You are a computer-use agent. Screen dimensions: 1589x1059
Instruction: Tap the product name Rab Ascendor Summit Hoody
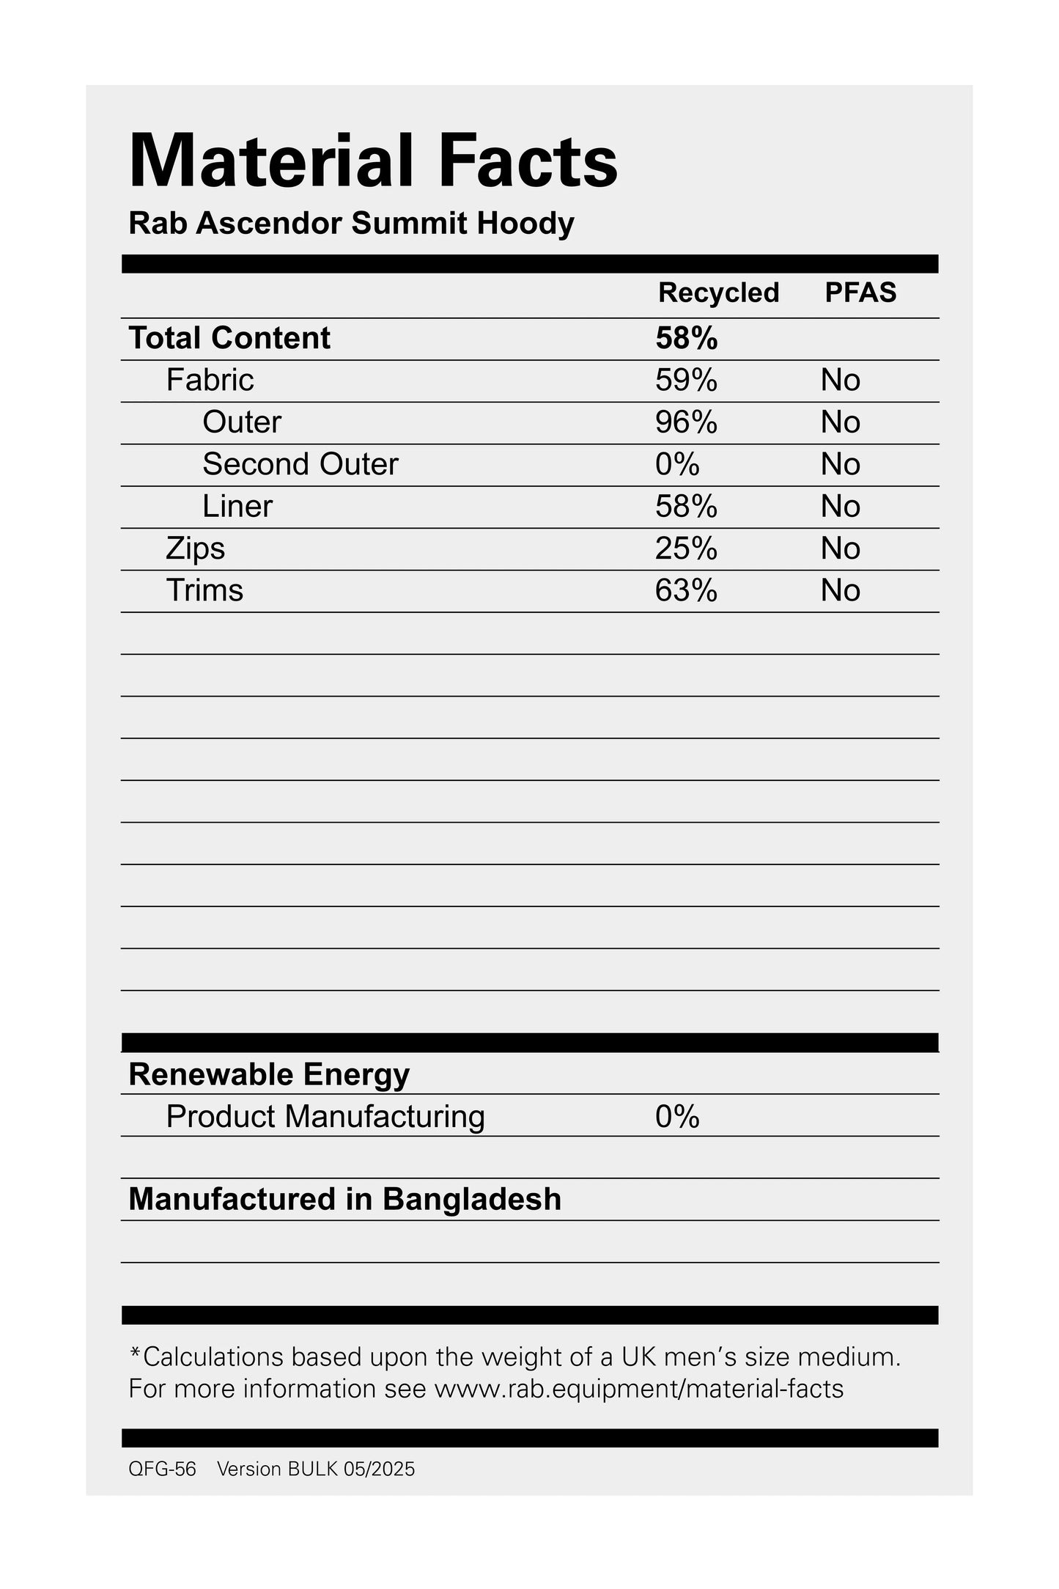click(x=351, y=223)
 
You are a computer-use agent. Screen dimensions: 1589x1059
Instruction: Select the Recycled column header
click(x=717, y=293)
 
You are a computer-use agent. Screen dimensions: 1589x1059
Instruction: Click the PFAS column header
click(x=860, y=293)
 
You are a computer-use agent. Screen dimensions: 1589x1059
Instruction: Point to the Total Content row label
click(x=229, y=338)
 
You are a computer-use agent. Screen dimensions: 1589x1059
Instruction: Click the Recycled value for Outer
click(x=686, y=422)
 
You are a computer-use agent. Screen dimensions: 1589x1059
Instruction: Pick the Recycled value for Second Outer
click(x=677, y=464)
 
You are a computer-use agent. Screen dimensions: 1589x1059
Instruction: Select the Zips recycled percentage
click(x=686, y=548)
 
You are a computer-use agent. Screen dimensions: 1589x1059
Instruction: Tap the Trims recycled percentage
click(x=686, y=590)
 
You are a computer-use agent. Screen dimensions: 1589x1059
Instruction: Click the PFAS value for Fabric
click(x=840, y=381)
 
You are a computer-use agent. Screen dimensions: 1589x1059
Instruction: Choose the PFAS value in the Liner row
click(x=840, y=507)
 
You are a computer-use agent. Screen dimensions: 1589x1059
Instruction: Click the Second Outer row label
click(x=300, y=464)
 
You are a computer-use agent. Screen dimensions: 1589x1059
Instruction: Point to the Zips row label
click(x=195, y=548)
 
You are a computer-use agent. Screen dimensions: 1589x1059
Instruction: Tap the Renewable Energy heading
click(x=269, y=1074)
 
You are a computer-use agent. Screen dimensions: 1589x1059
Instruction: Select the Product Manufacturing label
click(x=325, y=1117)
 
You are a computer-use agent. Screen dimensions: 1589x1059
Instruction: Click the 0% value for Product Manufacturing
click(x=677, y=1117)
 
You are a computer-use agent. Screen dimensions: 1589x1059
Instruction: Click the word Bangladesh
click(x=472, y=1200)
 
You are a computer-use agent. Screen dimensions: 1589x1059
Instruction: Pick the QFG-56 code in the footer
click(x=162, y=1469)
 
